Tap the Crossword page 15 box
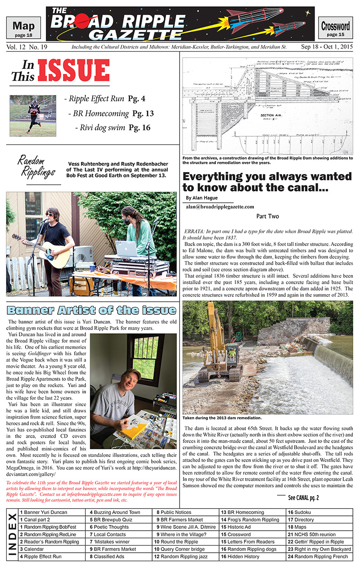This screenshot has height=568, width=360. point(336,28)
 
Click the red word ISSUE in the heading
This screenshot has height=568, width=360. point(74,71)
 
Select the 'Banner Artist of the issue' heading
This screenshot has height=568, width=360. point(91,310)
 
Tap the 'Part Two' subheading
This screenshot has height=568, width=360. point(268,216)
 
